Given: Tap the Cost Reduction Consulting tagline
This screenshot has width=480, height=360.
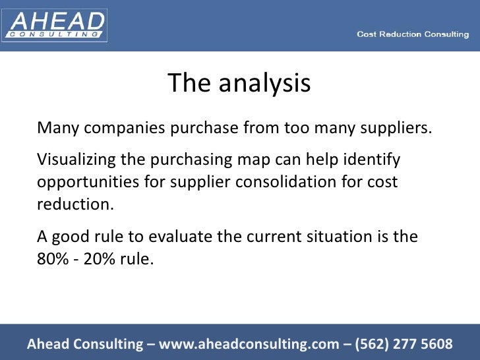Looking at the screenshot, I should (413, 34).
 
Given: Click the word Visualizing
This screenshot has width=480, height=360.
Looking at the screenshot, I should (76, 160).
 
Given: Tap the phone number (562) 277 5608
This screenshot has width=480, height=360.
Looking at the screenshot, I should (404, 344).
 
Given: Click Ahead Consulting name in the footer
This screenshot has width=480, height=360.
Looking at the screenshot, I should (84, 344).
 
